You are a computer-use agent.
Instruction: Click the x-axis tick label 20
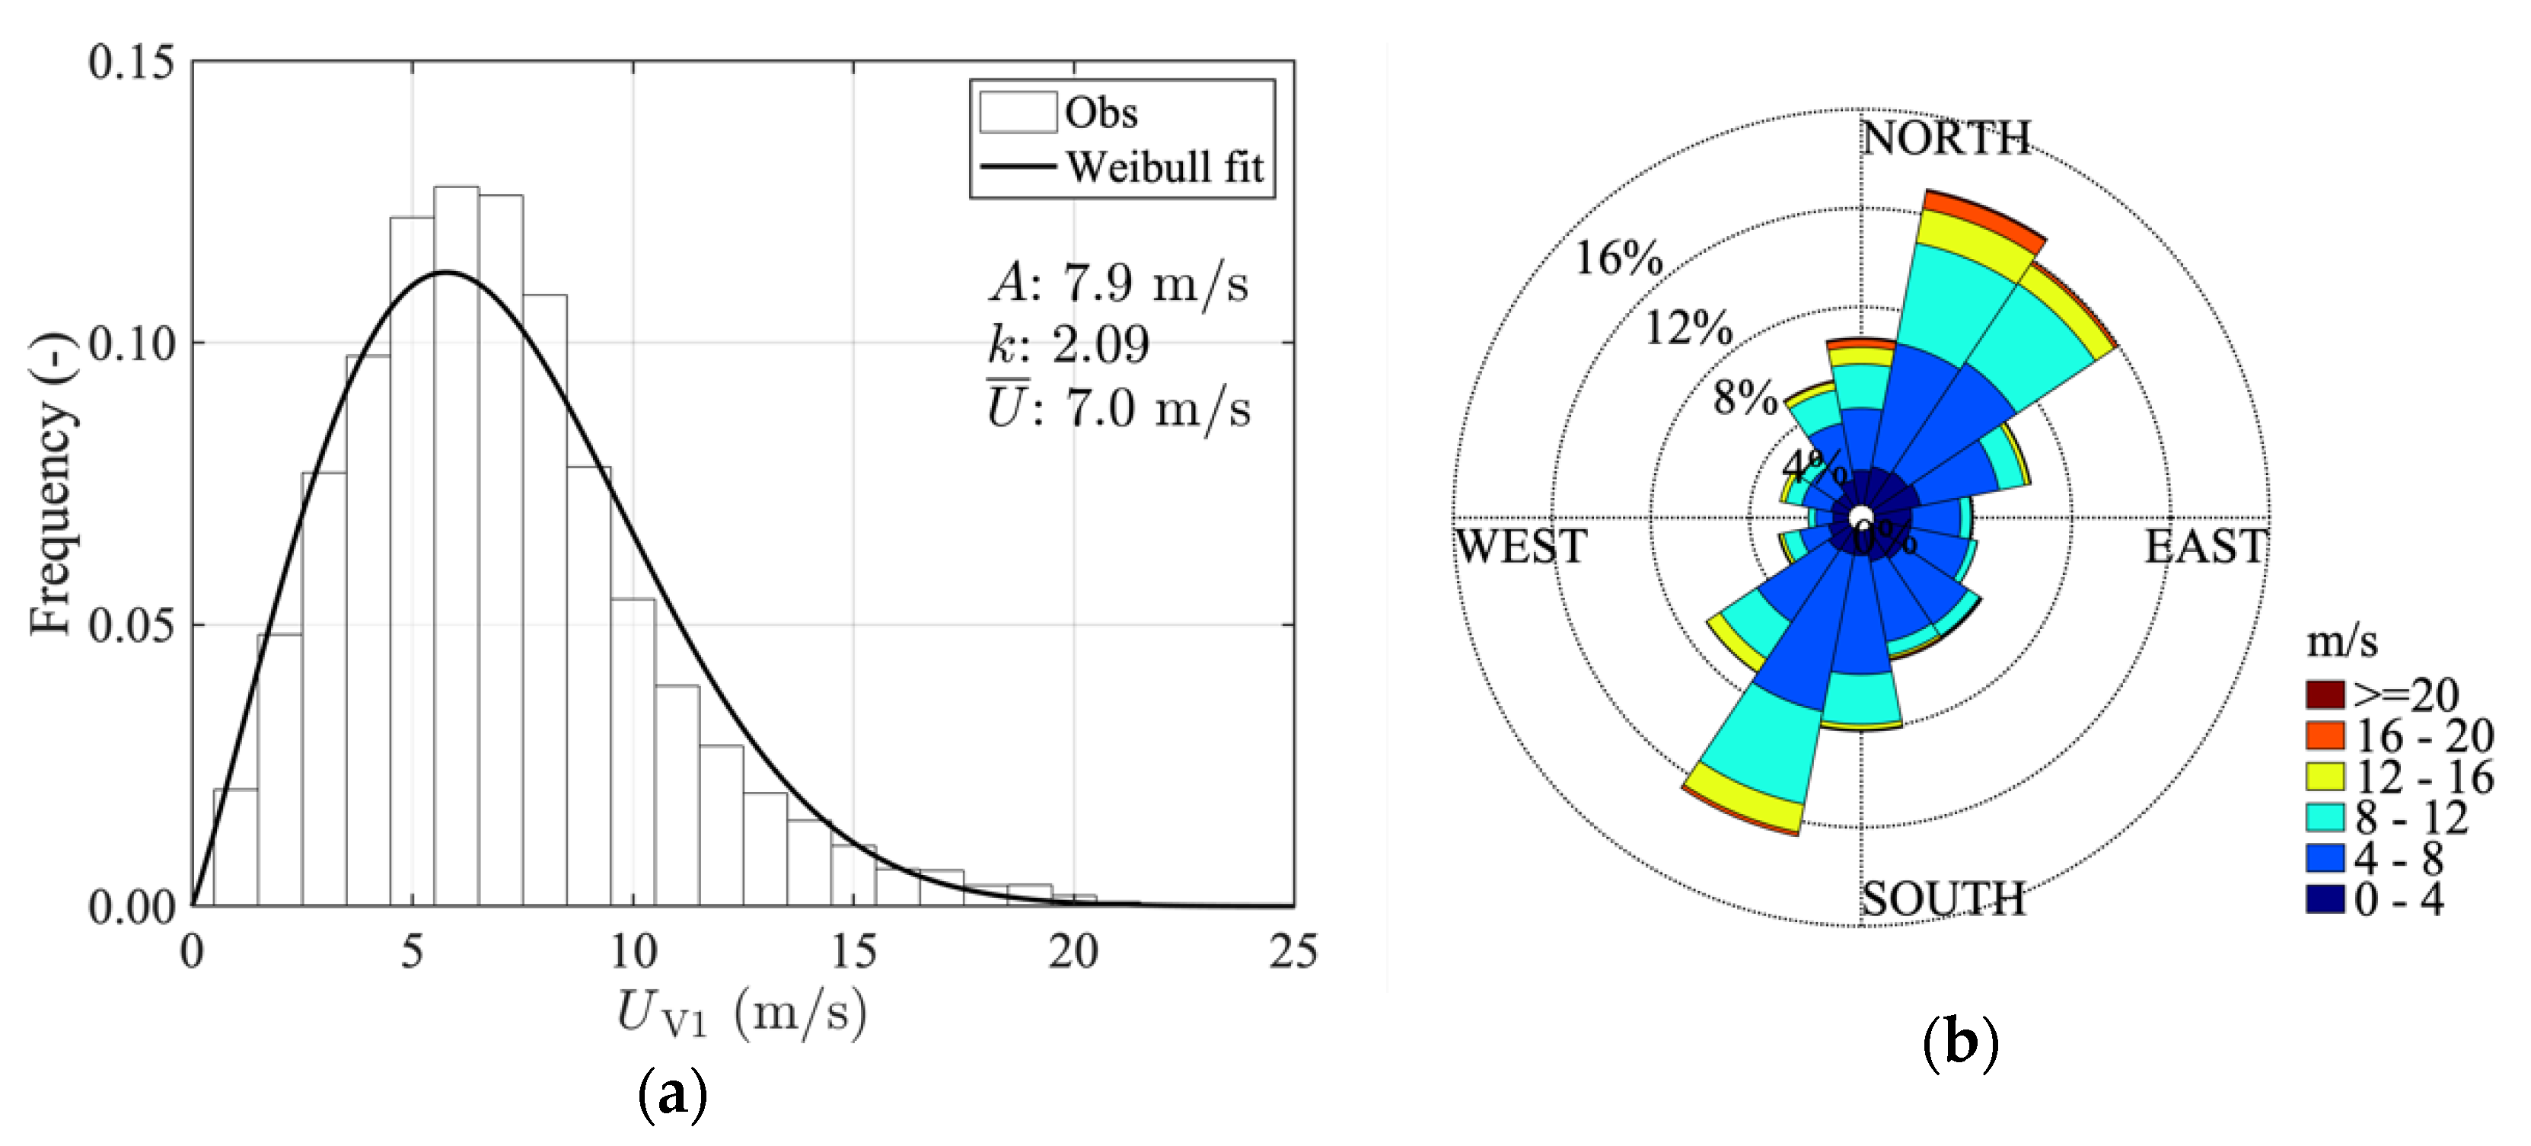[x=1073, y=950]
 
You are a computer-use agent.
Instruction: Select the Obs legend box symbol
[x=1017, y=112]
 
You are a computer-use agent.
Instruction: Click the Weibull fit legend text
[x=1165, y=167]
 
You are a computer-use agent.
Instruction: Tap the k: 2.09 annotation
[x=1068, y=345]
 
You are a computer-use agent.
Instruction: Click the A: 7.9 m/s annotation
[x=1118, y=284]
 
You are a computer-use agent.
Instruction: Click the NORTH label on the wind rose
[x=1946, y=138]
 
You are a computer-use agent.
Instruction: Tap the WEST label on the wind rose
[x=1521, y=547]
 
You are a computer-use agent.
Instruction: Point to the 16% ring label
[x=1619, y=258]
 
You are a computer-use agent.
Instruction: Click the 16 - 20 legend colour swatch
[x=2325, y=735]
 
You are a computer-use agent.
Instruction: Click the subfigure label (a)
[x=672, y=1093]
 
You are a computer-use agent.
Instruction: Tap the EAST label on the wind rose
[x=2204, y=547]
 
